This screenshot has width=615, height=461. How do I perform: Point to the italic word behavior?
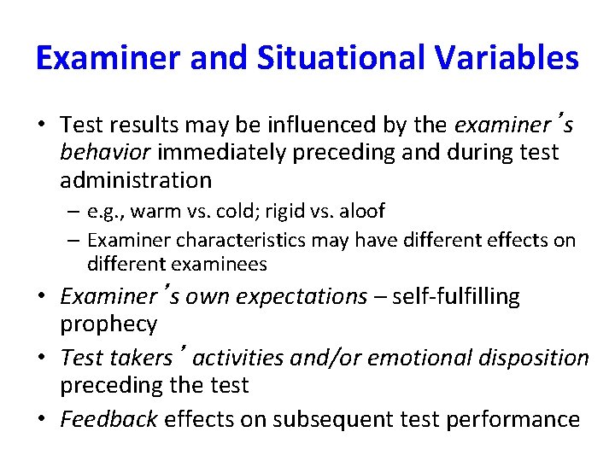[x=101, y=153]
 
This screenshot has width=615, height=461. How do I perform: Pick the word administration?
[x=136, y=180]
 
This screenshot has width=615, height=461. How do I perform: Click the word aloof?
[x=361, y=210]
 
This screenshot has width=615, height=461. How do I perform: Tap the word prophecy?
[x=108, y=324]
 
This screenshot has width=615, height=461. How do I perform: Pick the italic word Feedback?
[x=108, y=419]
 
